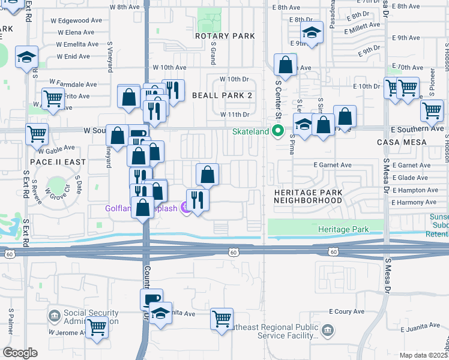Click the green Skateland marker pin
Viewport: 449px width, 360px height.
pos(277,131)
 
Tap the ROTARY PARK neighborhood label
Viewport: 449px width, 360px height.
pos(225,36)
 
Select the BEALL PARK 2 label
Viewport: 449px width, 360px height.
pos(221,95)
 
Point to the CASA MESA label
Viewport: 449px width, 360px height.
pos(402,142)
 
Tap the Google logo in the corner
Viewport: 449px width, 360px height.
pos(20,352)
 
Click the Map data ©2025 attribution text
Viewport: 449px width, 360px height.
pos(423,355)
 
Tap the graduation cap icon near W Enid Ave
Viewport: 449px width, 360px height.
pos(27,56)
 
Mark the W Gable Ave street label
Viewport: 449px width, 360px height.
pos(57,148)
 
